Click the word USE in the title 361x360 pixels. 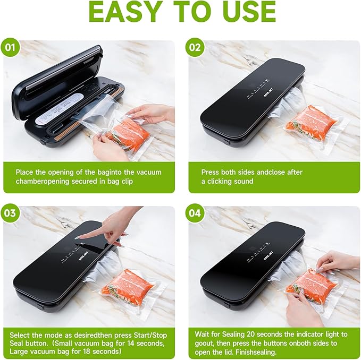coord(249,12)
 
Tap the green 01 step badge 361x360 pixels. coord(10,47)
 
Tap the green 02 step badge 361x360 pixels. coord(195,47)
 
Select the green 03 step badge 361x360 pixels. coord(10,213)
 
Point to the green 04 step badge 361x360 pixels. coord(195,213)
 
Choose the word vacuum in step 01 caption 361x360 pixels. coord(149,172)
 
